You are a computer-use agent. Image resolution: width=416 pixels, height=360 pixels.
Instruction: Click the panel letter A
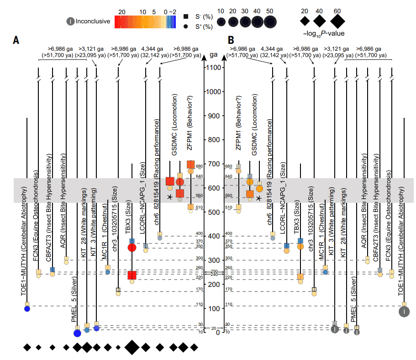point(16,40)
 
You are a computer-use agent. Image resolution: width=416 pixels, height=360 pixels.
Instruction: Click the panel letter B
point(231,40)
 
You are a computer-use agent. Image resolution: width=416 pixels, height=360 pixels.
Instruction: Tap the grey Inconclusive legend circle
point(70,21)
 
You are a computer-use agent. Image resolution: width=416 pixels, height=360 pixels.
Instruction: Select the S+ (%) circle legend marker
point(186,27)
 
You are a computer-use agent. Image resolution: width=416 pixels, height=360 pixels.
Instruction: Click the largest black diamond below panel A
point(132,347)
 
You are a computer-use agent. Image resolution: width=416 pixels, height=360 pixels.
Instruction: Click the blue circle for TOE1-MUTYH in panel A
point(27,309)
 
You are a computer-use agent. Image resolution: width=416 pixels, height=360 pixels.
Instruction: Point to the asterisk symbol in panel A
point(170,197)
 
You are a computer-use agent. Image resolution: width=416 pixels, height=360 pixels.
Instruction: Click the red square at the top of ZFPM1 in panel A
point(191,164)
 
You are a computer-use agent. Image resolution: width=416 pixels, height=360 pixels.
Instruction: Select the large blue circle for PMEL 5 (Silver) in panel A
point(77,333)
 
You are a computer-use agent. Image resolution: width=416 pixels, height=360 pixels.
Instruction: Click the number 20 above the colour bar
point(122,11)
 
